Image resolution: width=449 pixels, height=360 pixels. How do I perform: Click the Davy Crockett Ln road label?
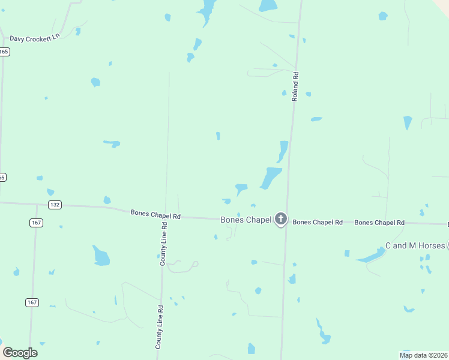pyautogui.click(x=35, y=37)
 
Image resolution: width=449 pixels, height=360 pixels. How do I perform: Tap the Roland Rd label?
pyautogui.click(x=295, y=86)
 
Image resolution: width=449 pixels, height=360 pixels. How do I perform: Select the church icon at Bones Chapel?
pyautogui.click(x=280, y=220)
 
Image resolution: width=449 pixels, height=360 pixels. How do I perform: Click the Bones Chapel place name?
pyautogui.click(x=246, y=220)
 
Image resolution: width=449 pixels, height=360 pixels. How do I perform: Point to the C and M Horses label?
pyautogui.click(x=415, y=245)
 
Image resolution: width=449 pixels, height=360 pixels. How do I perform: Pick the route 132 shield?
pyautogui.click(x=55, y=205)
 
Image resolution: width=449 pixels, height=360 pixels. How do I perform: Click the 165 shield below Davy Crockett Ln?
pyautogui.click(x=4, y=52)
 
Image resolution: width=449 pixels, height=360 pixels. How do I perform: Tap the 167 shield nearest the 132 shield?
pyautogui.click(x=36, y=223)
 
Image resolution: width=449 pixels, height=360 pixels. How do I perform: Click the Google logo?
pyautogui.click(x=20, y=353)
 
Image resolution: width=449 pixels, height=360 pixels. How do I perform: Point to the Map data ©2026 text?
pyautogui.click(x=424, y=355)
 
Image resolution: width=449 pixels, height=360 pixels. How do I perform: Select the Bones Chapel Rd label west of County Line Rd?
pyautogui.click(x=155, y=214)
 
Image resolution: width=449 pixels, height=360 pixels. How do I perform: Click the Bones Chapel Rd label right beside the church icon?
pyautogui.click(x=318, y=222)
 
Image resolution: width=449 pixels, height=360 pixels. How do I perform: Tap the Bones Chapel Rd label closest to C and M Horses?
pyautogui.click(x=379, y=223)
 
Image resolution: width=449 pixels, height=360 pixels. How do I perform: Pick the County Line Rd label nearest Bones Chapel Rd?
pyautogui.click(x=163, y=244)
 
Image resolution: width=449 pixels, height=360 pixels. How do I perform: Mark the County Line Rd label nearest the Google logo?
pyautogui.click(x=160, y=327)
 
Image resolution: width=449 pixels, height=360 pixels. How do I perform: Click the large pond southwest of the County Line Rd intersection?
pyautogui.click(x=101, y=256)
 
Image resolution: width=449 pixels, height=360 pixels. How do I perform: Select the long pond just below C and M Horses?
pyautogui.click(x=370, y=256)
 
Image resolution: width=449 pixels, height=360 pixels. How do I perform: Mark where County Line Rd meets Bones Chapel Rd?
pyautogui.click(x=164, y=217)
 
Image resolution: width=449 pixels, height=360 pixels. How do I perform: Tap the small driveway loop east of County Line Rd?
pyautogui.click(x=194, y=264)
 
